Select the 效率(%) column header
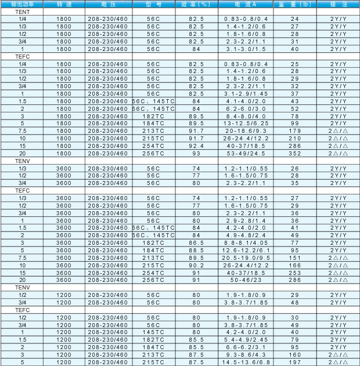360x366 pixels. pos(196,4)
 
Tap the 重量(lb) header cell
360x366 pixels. pos(295,4)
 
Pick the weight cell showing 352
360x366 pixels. pos(295,154)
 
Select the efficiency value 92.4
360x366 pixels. pos(196,146)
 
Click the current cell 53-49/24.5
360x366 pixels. pos(246,154)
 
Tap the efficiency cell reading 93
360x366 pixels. pos(196,154)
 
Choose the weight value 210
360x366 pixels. pos(295,139)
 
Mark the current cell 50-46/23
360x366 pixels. pos(246,280)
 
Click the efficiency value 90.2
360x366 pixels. pos(196,264)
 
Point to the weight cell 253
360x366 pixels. pos(295,272)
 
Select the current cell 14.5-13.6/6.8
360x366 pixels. pos(246,361)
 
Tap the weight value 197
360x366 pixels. pos(295,361)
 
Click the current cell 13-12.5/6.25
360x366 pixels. pos(246,124)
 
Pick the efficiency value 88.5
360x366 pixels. pos(196,250)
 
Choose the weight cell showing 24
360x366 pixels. pos(295,19)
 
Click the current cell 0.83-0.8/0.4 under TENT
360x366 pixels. pos(246,19)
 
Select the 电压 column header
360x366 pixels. pos(107,4)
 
